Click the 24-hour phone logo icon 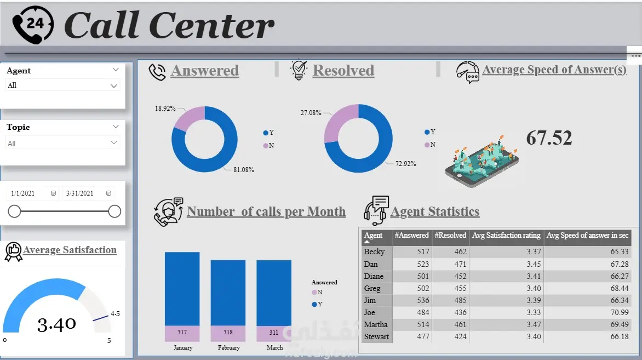point(33,24)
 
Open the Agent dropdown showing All point(62,85)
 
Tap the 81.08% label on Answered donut point(243,170)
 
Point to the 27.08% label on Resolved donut point(311,113)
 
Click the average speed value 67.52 point(549,138)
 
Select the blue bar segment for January point(182,289)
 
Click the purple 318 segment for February point(228,333)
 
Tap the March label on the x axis point(274,347)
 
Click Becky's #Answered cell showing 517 point(412,252)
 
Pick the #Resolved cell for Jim point(450,300)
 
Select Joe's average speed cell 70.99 point(587,312)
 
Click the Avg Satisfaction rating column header point(506,236)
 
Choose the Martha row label point(376,324)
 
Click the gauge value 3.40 point(56,324)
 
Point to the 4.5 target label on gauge point(115,314)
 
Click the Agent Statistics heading point(434,212)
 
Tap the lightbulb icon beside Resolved point(299,70)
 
